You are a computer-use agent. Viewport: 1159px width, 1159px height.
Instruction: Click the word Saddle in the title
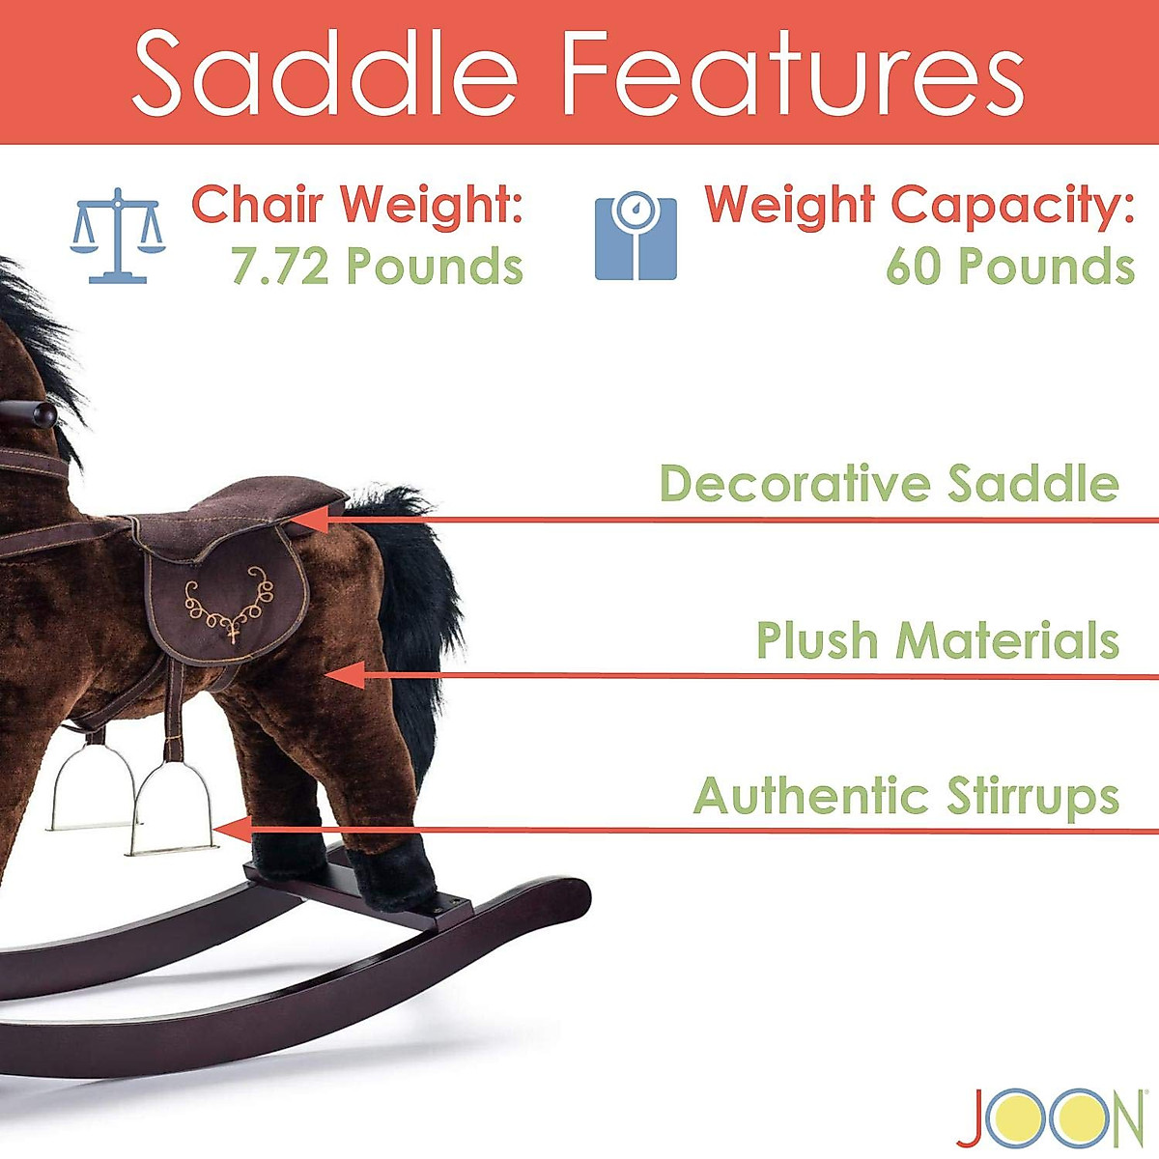(325, 72)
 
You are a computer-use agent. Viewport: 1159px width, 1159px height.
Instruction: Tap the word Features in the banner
(792, 72)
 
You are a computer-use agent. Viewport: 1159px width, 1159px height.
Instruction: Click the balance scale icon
(118, 236)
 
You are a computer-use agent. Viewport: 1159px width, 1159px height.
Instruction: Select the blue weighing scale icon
(635, 238)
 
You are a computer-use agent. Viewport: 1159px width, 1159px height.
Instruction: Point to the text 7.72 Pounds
(377, 267)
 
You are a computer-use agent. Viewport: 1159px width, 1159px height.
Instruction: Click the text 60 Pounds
(1009, 267)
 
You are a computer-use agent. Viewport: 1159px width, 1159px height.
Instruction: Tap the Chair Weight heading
(357, 205)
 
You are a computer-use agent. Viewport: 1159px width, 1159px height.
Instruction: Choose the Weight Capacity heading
(919, 205)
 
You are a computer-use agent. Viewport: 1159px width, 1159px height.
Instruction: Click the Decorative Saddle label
(889, 483)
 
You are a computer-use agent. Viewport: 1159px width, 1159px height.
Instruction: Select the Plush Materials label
(937, 640)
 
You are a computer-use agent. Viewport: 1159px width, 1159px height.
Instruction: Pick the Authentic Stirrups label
(906, 796)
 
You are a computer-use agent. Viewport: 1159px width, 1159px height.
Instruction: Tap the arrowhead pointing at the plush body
(348, 675)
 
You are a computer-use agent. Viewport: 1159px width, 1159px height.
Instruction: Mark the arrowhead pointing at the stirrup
(232, 830)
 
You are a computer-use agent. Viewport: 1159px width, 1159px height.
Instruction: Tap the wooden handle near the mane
(29, 415)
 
